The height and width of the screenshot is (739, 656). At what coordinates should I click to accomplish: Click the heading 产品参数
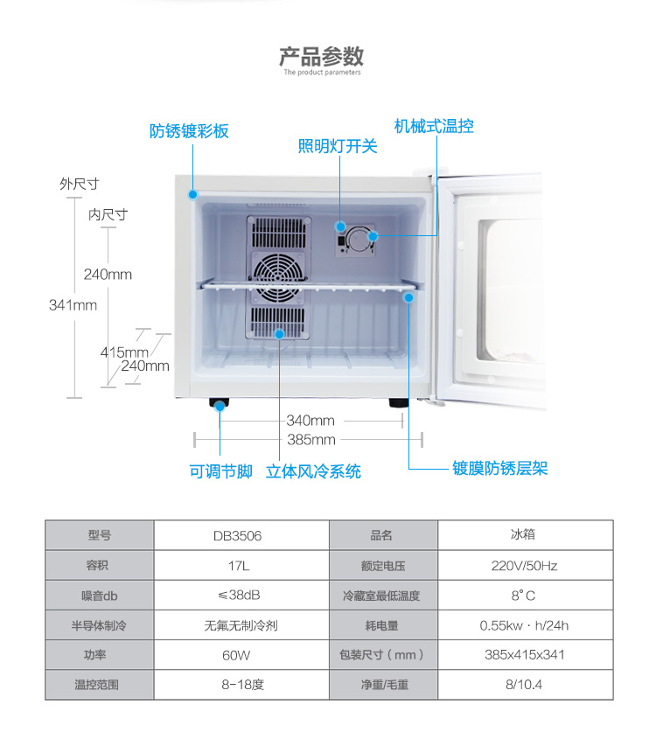tap(321, 57)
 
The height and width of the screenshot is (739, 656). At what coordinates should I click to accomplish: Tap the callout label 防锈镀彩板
tap(189, 131)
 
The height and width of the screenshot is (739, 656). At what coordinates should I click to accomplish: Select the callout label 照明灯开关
tap(338, 146)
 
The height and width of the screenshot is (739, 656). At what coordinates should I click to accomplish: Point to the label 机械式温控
tap(434, 126)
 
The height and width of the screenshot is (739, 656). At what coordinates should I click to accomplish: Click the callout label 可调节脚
tap(220, 471)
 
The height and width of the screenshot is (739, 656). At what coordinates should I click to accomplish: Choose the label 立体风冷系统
tap(313, 471)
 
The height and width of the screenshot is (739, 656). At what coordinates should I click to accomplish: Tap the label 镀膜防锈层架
tap(499, 468)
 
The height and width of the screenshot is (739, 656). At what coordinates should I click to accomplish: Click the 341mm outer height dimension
tap(73, 305)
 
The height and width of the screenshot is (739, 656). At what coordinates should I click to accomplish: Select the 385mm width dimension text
tap(311, 440)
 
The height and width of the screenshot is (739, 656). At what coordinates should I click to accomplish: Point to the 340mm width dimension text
tap(311, 421)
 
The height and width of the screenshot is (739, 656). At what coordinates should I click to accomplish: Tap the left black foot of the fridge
tap(219, 404)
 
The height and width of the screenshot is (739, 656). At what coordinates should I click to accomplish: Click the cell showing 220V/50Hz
tap(524, 565)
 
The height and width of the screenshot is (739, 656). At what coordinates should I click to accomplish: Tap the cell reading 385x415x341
tap(524, 654)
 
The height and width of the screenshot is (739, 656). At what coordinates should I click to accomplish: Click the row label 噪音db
tap(99, 596)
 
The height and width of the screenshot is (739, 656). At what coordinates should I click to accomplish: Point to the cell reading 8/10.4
tap(524, 684)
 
